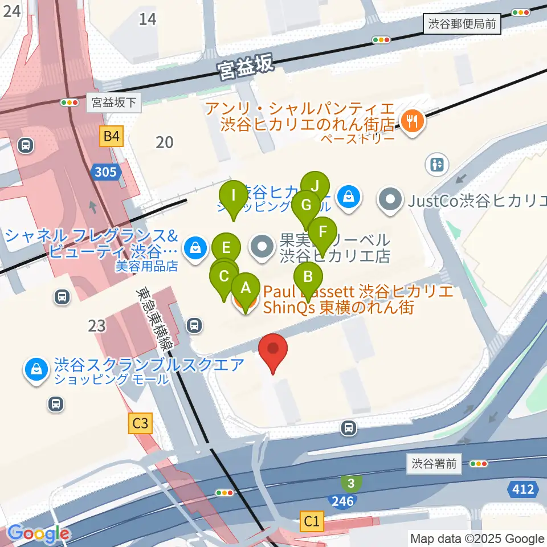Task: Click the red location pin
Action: pos(273,349)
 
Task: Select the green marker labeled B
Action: pos(308,277)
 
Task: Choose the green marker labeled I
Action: pos(234,195)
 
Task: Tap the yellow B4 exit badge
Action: pos(112,136)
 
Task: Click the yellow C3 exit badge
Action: pos(140,423)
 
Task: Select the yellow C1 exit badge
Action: pos(311,520)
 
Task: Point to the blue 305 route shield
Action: pos(105,172)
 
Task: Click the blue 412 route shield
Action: pos(523,489)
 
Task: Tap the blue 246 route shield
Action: pos(342,501)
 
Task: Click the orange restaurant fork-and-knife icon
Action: pos(411,121)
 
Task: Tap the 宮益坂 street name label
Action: pos(246,67)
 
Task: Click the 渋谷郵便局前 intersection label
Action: pos(463,24)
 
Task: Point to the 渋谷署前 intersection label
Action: pos(435,463)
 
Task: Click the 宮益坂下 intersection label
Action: pos(114,103)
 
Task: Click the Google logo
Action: pos(38,534)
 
